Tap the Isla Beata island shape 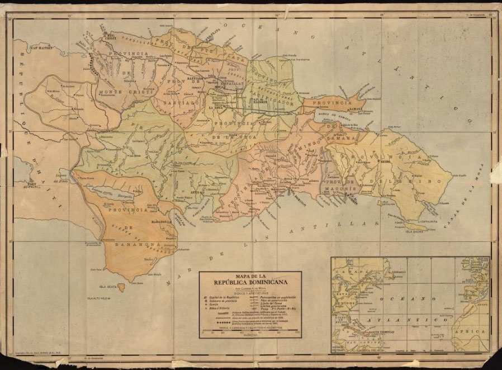121,287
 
